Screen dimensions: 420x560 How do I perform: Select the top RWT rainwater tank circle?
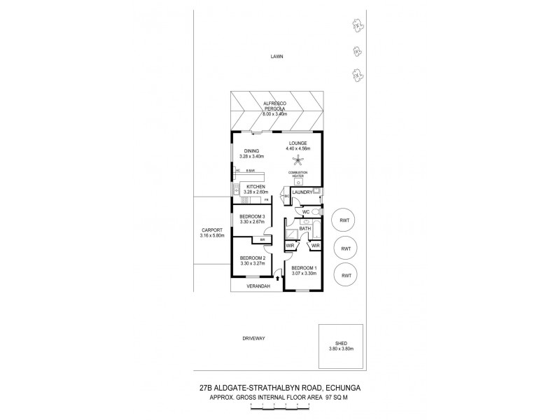344,220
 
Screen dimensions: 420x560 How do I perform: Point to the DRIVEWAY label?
253,338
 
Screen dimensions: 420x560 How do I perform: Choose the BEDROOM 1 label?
304,268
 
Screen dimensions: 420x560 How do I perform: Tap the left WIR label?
290,246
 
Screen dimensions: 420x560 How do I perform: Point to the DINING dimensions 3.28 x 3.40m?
253,157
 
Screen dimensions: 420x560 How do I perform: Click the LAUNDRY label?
302,192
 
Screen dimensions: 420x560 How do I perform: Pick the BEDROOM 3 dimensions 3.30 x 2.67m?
253,222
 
